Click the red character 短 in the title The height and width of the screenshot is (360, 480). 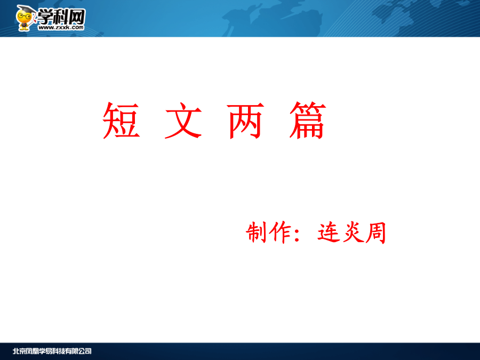[121, 121]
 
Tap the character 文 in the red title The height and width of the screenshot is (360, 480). [183, 121]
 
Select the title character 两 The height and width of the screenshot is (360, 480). [245, 121]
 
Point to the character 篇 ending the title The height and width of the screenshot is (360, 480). [308, 121]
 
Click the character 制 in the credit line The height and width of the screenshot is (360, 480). [256, 233]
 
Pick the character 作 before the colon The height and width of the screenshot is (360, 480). [280, 233]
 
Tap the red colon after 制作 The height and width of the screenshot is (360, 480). [297, 234]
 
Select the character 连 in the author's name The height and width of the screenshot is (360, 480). [329, 233]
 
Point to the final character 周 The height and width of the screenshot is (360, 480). [376, 233]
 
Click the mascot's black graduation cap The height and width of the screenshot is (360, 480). [25, 10]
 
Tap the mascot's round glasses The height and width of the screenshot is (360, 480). [23, 16]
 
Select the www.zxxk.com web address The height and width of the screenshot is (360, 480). [61, 27]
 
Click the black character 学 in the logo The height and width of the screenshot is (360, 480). [45, 17]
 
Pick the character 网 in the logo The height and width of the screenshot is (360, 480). [76, 17]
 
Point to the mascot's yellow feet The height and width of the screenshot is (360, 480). [24, 29]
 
